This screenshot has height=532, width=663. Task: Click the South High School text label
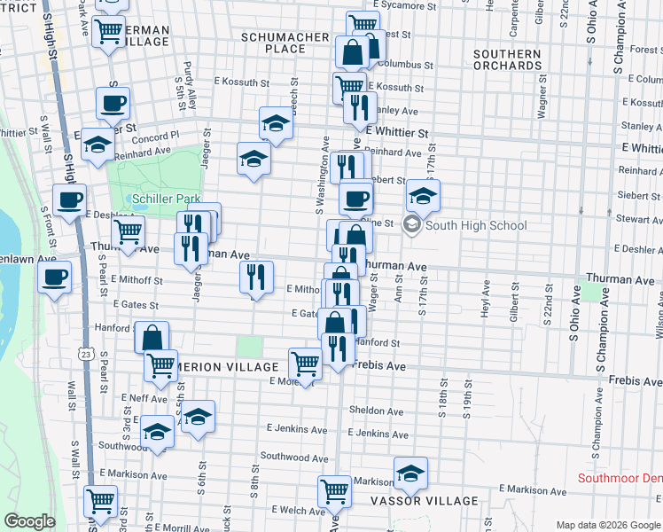[x=476, y=225]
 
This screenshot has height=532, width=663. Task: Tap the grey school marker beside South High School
[x=411, y=225]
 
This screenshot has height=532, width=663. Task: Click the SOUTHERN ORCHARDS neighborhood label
[x=507, y=60]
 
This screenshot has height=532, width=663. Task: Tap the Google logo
[x=29, y=521]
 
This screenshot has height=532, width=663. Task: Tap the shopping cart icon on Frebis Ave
[x=305, y=363]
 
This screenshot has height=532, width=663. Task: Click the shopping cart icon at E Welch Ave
[x=334, y=491]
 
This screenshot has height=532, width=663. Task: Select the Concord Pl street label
[x=155, y=135]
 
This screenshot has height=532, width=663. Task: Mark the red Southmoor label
[x=620, y=478]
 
